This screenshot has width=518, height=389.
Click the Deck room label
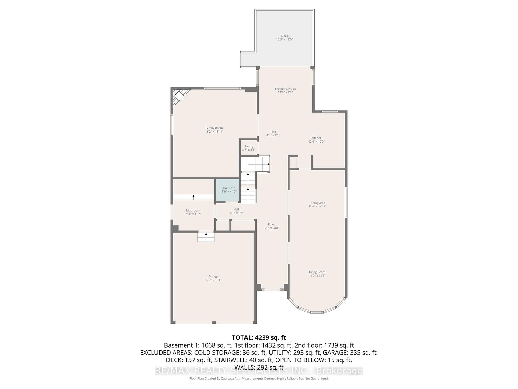[284, 36]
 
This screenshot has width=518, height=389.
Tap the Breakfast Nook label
[285, 89]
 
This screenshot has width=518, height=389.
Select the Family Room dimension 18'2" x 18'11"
[214, 132]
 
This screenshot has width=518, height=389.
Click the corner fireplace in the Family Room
[178, 97]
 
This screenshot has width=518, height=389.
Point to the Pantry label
[249, 146]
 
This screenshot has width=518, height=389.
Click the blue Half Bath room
[229, 190]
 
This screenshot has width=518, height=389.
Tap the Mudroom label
[193, 210]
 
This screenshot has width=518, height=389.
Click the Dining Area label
[317, 203]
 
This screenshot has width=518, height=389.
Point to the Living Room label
[317, 272]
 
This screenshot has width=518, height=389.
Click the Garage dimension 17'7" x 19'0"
[213, 280]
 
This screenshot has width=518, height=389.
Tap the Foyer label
[272, 224]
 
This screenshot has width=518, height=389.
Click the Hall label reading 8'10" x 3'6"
[236, 211]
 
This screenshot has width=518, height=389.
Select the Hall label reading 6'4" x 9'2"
[273, 134]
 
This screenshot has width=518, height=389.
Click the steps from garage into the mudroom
[206, 237]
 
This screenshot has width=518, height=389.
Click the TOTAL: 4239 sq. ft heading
[259, 337]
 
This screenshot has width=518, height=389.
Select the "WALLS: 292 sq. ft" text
[259, 367]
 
